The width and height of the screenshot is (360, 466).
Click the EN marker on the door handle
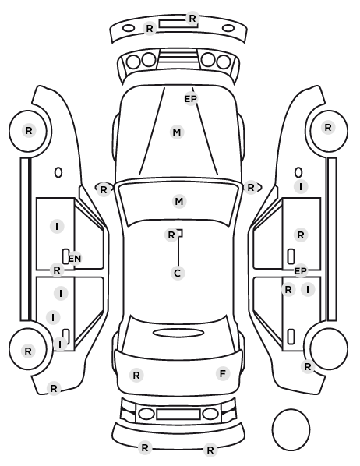click(x=74, y=258)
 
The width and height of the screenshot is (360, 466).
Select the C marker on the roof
click(x=178, y=273)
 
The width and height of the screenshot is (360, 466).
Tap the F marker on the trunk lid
click(x=223, y=373)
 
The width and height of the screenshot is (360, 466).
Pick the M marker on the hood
click(x=177, y=132)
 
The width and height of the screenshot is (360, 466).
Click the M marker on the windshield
click(x=179, y=202)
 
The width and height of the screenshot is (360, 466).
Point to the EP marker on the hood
click(x=191, y=99)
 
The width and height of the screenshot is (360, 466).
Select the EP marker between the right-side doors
click(x=300, y=271)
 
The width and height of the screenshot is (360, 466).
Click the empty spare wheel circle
click(x=291, y=429)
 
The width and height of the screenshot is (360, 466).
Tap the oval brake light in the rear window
click(x=178, y=333)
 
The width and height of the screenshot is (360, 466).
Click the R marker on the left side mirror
click(x=103, y=189)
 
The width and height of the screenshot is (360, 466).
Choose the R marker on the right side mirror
click(x=251, y=188)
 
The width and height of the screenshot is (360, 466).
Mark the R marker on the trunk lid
click(x=136, y=375)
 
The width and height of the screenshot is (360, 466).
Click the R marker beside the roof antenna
click(x=171, y=235)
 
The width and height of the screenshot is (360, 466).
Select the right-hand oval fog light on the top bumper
click(x=228, y=29)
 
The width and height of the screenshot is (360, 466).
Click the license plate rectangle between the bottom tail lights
click(x=178, y=414)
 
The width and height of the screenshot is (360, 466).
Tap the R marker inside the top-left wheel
click(x=29, y=130)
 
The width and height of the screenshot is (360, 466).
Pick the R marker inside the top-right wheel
click(x=328, y=128)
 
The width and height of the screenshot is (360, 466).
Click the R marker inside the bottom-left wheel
click(x=28, y=351)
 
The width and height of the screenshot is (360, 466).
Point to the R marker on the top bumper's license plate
click(x=192, y=19)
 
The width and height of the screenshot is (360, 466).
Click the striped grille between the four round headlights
click(x=178, y=58)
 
